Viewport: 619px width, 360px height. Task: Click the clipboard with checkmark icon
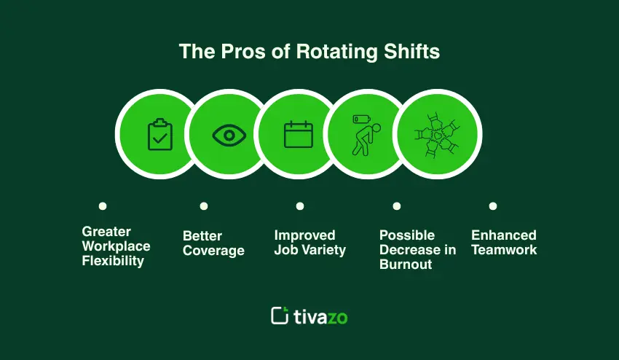pyautogui.click(x=160, y=134)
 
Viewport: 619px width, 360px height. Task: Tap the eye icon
pyautogui.click(x=229, y=135)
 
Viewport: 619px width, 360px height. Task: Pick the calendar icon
pyautogui.click(x=299, y=135)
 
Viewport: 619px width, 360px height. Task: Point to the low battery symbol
pyautogui.click(x=362, y=119)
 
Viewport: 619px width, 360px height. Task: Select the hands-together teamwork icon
pyautogui.click(x=437, y=136)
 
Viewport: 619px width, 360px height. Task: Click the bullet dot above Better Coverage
pyautogui.click(x=204, y=206)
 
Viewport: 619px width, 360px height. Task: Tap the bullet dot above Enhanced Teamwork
pyautogui.click(x=493, y=206)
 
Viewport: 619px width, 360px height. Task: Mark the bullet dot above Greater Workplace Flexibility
pyautogui.click(x=103, y=206)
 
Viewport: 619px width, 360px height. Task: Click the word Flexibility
pyautogui.click(x=113, y=261)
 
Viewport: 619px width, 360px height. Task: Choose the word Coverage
pyautogui.click(x=213, y=251)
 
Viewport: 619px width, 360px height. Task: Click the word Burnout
pyautogui.click(x=406, y=264)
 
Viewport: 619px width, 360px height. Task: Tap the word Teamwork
pyautogui.click(x=504, y=250)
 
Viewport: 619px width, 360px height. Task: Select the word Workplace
pyautogui.click(x=116, y=246)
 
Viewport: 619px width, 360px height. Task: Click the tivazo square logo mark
pyautogui.click(x=280, y=316)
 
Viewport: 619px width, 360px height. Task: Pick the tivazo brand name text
pyautogui.click(x=320, y=316)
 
